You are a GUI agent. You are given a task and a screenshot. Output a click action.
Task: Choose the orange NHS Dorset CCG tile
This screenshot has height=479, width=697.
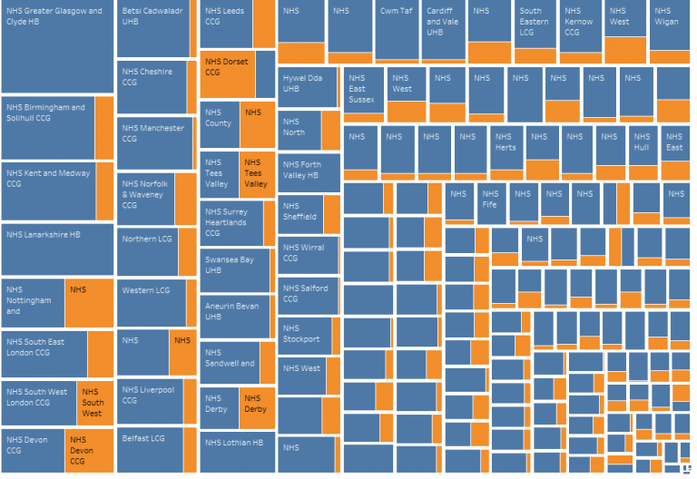(x=227, y=76)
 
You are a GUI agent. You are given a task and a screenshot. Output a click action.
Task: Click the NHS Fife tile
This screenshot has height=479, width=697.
(x=489, y=203)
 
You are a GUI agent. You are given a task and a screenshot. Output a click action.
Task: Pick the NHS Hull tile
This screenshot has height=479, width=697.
(x=643, y=147)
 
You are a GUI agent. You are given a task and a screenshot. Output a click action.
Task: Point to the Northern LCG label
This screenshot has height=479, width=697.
(x=146, y=239)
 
